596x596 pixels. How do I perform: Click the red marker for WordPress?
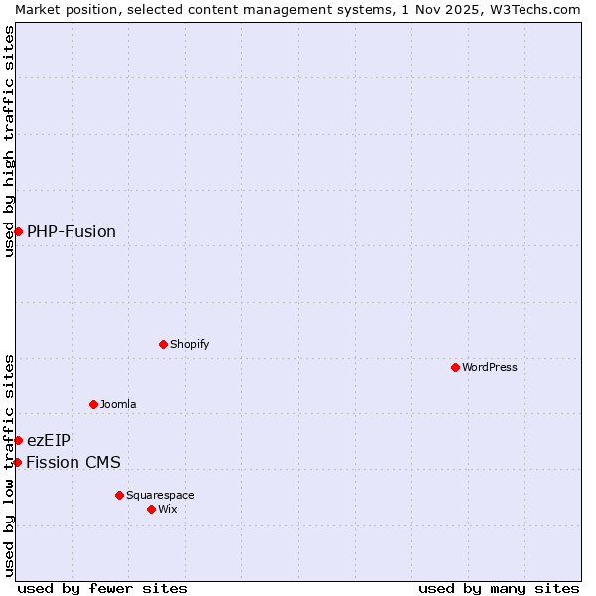[x=455, y=367]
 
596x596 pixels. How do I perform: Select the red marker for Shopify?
[x=163, y=344]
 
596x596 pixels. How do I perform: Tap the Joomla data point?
[x=93, y=404]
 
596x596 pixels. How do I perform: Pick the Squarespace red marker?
[x=119, y=495]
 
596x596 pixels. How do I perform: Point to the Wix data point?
[x=151, y=509]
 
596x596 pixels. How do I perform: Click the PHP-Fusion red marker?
[x=18, y=231]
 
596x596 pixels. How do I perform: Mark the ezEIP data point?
[x=18, y=440]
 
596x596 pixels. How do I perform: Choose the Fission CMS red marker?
[x=17, y=462]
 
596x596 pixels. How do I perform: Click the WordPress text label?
[x=490, y=367]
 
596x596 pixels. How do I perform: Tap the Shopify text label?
[x=189, y=344]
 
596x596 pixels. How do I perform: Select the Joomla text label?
[x=118, y=404]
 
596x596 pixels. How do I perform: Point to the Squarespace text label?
[x=160, y=495]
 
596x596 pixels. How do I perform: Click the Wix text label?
[x=167, y=509]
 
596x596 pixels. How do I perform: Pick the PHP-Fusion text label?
[x=72, y=231]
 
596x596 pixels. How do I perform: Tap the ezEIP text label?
[x=49, y=440]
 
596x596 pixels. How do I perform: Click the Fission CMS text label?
[x=74, y=462]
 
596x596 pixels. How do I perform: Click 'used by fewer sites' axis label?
[x=102, y=588]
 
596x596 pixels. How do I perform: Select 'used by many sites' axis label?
[x=499, y=588]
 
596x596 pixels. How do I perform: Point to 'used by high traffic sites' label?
[x=9, y=141]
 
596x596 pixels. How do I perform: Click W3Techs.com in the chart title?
[x=533, y=9]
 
